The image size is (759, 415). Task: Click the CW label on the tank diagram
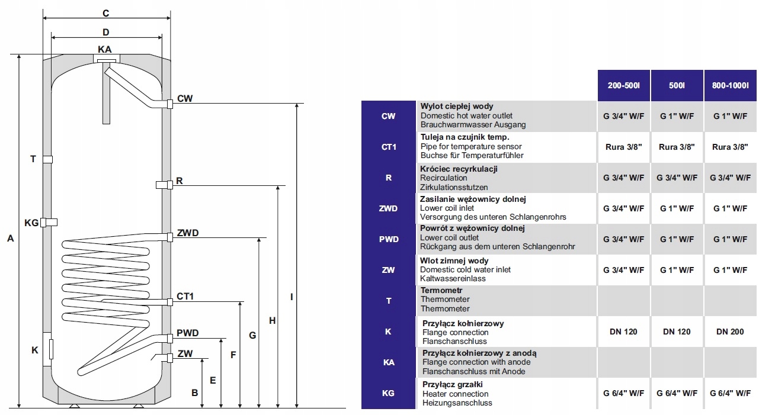185,99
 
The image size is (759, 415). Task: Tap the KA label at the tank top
105,50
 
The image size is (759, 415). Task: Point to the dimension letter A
10,239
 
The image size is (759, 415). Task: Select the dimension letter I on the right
291,297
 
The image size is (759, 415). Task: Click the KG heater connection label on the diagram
31,223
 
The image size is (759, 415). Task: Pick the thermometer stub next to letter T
48,159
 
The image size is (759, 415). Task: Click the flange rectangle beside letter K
51,349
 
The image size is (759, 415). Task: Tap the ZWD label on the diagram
187,233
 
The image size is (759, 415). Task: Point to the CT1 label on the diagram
185,297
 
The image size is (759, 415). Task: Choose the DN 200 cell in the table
730,332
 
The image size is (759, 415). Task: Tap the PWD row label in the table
389,239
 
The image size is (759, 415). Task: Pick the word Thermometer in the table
445,300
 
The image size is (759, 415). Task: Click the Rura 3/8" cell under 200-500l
623,147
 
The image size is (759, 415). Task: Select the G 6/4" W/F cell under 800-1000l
730,393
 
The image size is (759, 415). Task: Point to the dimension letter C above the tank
105,13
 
